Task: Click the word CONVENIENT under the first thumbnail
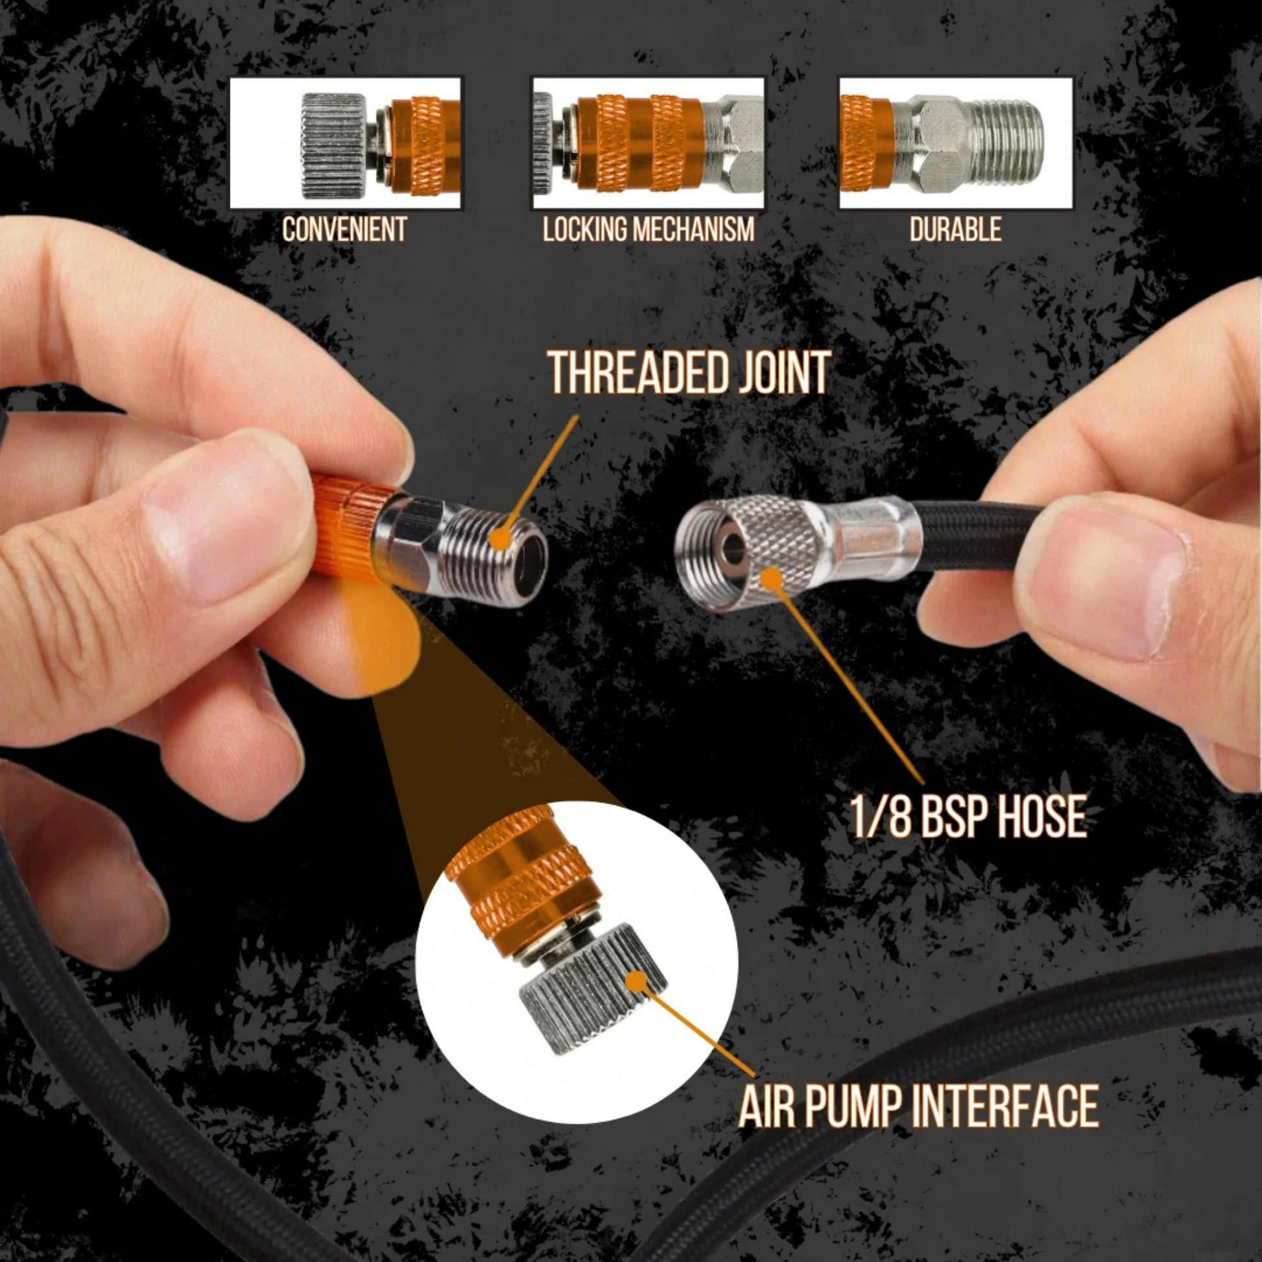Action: (344, 230)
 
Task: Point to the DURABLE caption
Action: (955, 230)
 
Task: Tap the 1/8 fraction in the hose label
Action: (880, 816)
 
